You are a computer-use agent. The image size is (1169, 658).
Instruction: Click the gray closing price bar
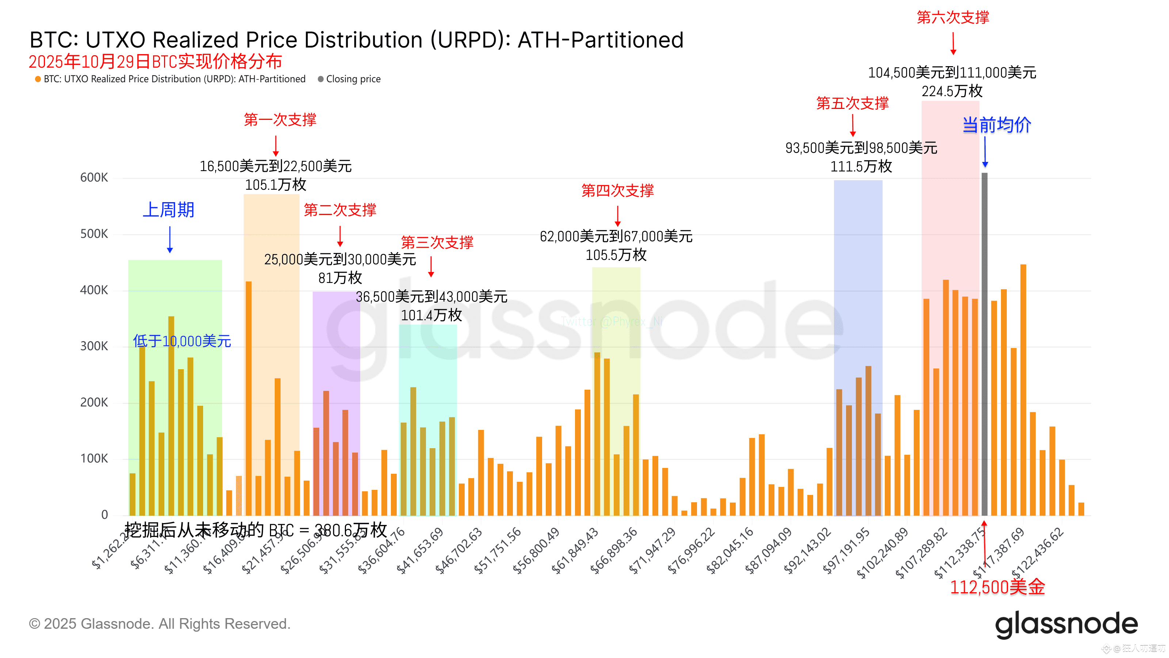coord(984,345)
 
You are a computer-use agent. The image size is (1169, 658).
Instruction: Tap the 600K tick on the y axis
coord(94,178)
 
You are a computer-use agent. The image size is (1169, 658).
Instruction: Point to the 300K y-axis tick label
coord(94,346)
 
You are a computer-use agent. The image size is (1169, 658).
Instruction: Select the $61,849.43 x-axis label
coord(575,551)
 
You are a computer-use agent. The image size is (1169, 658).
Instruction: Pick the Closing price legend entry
coord(353,79)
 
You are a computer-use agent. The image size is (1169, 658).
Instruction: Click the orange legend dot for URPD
coord(38,79)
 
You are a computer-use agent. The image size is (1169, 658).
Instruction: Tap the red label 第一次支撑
coord(280,120)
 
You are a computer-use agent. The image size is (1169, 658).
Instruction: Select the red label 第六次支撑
coord(952,17)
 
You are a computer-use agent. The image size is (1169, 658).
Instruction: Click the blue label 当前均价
coord(997,125)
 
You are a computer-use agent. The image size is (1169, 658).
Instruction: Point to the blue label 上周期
coord(168,210)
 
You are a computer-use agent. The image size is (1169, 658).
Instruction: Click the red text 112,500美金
coord(997,587)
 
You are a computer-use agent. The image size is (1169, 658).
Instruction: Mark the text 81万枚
coord(340,277)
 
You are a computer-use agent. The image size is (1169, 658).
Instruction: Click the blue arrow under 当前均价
coord(985,152)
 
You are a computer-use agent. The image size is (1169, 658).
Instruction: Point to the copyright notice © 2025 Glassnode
coord(159,624)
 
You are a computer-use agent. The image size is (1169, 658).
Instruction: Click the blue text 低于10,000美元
coord(182,341)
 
